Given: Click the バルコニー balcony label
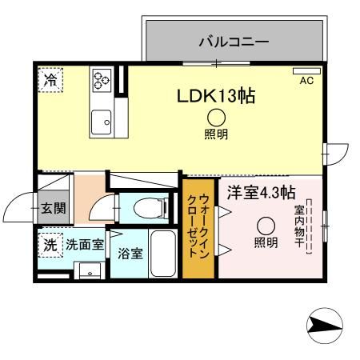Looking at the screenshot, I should click(x=233, y=39).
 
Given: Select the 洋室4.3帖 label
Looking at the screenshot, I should click(x=260, y=192).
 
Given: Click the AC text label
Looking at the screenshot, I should click(x=306, y=81).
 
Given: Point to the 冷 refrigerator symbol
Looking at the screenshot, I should click(x=50, y=80).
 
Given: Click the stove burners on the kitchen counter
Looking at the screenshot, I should click(x=102, y=80).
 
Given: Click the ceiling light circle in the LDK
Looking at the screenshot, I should click(x=216, y=117).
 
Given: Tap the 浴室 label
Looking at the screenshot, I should click(x=130, y=254).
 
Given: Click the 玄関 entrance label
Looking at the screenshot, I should click(x=54, y=210).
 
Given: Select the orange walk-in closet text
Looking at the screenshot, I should click(x=198, y=226).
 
